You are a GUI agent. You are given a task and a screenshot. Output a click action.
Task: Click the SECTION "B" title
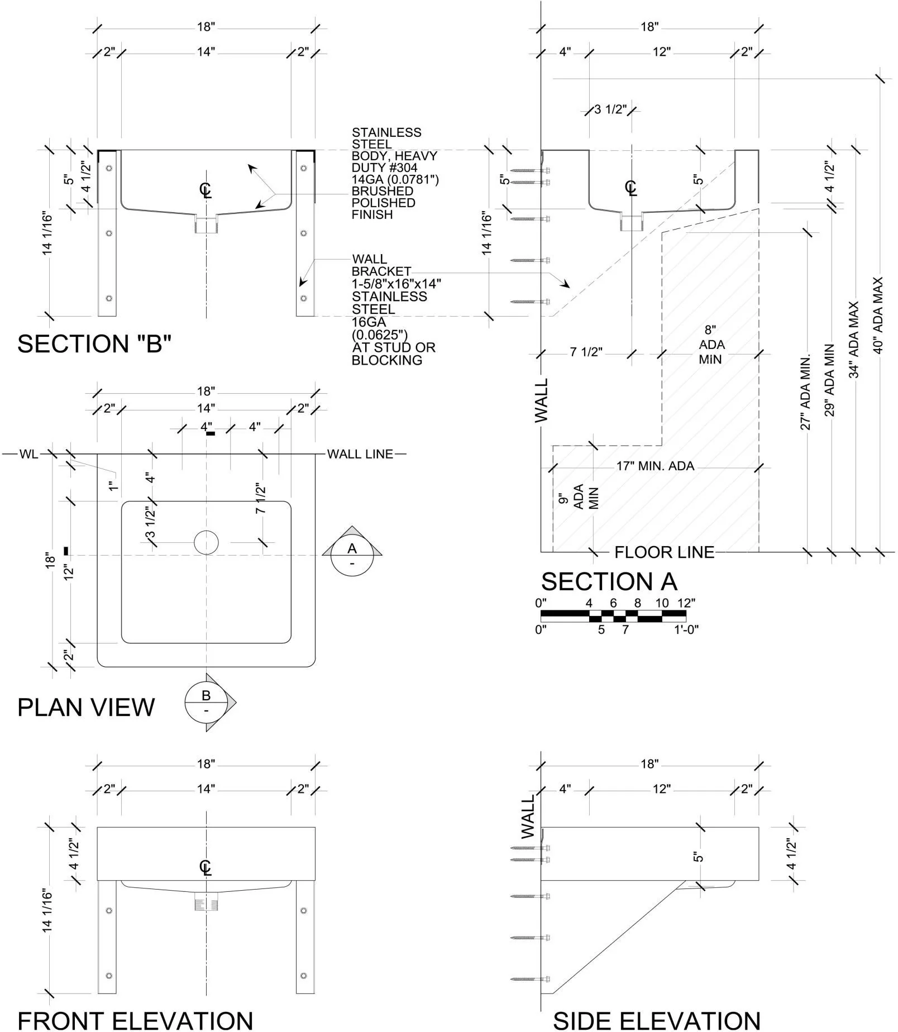(94, 344)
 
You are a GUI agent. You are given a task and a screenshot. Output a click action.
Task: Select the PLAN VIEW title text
(85, 708)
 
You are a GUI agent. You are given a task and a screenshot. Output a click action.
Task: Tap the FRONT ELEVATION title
(135, 1020)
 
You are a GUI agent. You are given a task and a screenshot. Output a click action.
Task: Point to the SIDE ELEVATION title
(656, 1020)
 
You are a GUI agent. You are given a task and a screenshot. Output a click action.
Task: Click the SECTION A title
(609, 582)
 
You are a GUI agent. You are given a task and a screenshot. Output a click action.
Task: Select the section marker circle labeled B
(206, 702)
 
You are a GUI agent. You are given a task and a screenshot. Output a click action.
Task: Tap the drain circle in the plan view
(206, 542)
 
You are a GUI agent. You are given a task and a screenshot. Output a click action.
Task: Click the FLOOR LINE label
(664, 553)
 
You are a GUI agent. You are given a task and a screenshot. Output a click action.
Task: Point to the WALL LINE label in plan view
(360, 454)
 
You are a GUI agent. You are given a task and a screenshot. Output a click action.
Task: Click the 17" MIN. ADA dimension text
(655, 466)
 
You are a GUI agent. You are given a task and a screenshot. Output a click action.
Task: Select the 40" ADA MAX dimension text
(878, 316)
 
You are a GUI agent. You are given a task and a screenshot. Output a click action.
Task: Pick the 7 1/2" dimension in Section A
(586, 352)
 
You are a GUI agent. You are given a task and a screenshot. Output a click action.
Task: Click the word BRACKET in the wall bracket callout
(381, 271)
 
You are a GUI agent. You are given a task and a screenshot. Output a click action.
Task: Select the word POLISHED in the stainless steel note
(383, 203)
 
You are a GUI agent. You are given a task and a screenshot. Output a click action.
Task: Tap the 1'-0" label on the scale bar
(686, 630)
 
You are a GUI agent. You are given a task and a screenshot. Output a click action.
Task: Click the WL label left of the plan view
(28, 454)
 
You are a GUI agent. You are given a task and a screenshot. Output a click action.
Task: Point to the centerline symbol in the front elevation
(206, 867)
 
